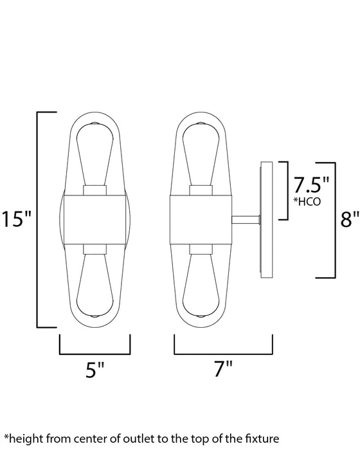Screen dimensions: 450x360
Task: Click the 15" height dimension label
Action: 17,220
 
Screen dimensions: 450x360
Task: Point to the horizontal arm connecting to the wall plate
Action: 248,219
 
